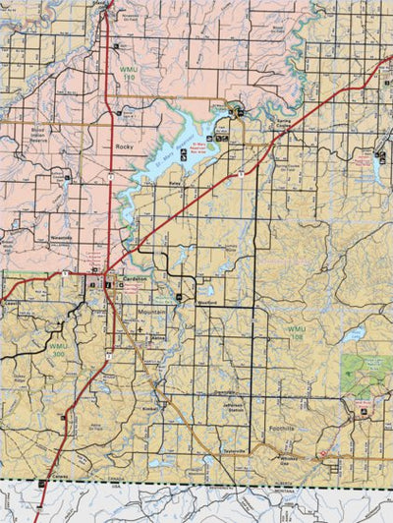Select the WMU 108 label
tap(295, 330)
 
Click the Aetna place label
tap(157, 337)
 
